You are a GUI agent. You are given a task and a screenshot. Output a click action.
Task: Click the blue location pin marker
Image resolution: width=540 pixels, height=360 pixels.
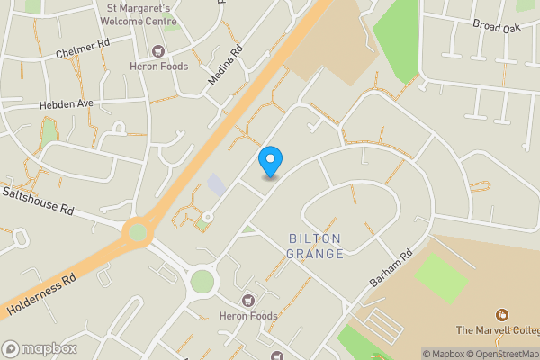point(270,160)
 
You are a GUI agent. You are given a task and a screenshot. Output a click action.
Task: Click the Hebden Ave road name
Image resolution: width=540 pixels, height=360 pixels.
point(66,104)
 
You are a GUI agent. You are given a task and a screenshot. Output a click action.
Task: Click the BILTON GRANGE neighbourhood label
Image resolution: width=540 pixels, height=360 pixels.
point(316,246)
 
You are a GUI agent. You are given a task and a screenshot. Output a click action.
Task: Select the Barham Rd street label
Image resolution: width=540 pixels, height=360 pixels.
point(390,269)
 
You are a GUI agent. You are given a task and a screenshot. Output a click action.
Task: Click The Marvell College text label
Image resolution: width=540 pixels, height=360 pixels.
point(498,329)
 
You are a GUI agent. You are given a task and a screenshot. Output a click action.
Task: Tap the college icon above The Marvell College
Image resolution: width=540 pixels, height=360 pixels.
point(501,314)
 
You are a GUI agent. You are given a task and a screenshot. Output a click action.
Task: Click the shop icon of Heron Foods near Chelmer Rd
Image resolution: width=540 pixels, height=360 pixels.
point(159,50)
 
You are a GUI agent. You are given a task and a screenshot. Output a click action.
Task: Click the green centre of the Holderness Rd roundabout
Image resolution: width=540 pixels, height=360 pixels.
point(138,232)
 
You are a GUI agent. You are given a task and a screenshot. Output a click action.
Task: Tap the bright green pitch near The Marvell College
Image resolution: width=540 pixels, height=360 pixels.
point(441,278)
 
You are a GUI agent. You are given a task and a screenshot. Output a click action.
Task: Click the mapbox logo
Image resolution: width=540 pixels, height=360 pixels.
point(39,348)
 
